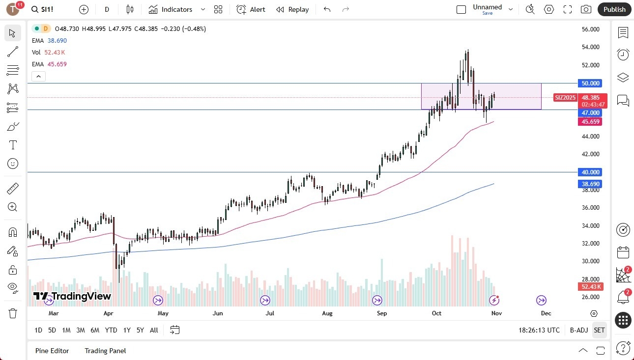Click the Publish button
click(614, 9)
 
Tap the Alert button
click(251, 9)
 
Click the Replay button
click(292, 9)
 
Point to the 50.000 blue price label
click(590, 83)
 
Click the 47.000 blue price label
click(590, 113)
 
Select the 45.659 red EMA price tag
click(590, 121)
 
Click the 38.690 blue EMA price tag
click(590, 184)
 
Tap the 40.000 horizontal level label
click(590, 172)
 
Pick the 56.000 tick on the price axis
click(590, 29)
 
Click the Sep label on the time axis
click(382, 313)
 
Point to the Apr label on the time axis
click(109, 313)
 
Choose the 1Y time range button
click(127, 330)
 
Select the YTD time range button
click(111, 330)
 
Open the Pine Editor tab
click(52, 351)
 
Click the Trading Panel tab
click(105, 351)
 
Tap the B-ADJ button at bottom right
click(578, 330)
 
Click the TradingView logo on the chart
click(72, 296)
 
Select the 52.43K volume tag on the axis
click(590, 287)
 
